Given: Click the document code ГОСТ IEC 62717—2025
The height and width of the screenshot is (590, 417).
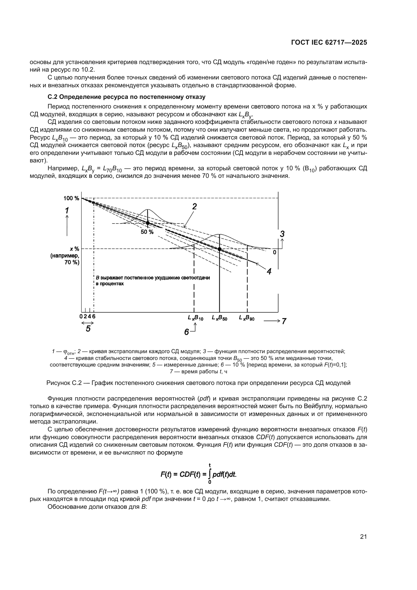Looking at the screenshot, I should click(329, 43).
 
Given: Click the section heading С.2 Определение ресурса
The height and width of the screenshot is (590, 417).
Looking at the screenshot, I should click(126, 97).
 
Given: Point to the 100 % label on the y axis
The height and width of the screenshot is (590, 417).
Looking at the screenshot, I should click(71, 198).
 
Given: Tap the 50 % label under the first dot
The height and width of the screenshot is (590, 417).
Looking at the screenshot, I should click(147, 232).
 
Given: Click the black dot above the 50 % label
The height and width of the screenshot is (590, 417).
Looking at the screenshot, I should click(148, 223).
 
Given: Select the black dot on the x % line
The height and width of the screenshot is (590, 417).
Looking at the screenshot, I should click(220, 249).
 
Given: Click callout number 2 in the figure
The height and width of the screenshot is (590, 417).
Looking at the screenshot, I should click(194, 206).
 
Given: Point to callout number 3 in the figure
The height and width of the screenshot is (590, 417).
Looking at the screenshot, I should click(282, 234).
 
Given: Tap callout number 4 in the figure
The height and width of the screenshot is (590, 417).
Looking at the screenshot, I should click(269, 272).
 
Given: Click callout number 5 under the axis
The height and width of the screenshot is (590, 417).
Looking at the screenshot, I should click(88, 329).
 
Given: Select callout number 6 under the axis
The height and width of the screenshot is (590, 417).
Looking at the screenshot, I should click(187, 332).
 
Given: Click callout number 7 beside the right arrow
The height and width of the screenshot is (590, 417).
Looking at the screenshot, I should click(284, 321).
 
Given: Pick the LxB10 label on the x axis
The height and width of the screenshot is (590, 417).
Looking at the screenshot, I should click(195, 318).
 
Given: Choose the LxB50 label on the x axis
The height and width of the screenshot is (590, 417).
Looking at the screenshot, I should click(220, 318).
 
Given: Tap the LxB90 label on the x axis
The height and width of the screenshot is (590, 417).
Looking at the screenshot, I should click(247, 318).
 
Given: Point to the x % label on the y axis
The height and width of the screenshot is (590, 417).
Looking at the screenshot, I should click(74, 249).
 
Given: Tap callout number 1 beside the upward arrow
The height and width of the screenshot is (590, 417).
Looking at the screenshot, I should click(67, 211).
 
